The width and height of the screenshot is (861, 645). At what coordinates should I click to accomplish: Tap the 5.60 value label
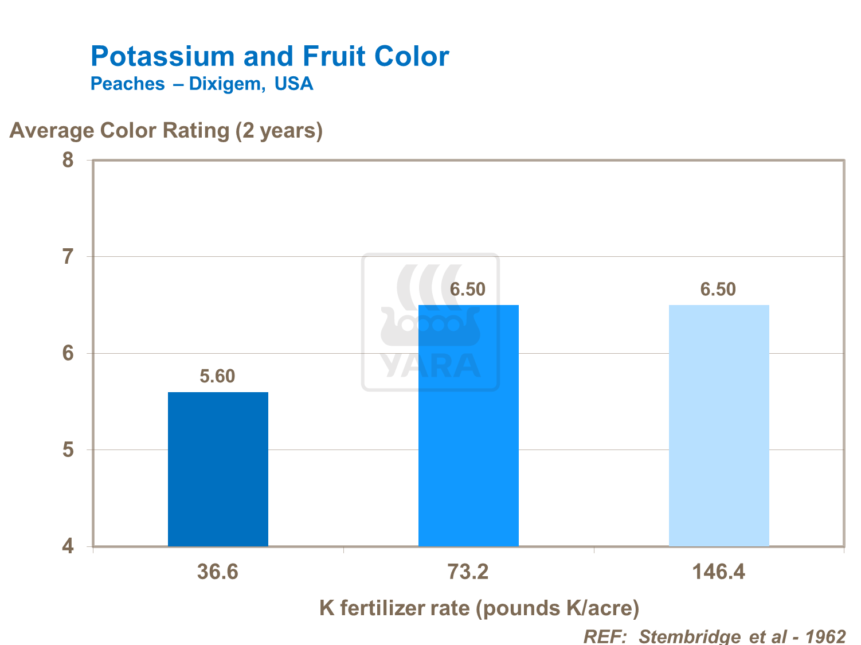click(217, 376)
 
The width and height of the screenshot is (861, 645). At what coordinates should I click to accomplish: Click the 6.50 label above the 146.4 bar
click(718, 289)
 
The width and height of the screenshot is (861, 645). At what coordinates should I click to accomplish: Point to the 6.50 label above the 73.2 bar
click(467, 289)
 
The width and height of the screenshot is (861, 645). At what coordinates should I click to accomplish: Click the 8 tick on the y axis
click(68, 160)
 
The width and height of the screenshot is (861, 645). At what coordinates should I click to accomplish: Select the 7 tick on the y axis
click(68, 256)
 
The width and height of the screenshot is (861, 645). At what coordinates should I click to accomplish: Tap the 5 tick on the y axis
click(68, 450)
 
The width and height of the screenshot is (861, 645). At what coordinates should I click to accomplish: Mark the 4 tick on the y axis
click(68, 546)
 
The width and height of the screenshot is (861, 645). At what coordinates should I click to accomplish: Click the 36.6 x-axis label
click(217, 572)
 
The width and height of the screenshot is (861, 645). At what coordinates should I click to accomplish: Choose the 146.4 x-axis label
click(718, 572)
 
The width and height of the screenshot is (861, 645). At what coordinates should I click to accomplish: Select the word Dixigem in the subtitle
click(226, 84)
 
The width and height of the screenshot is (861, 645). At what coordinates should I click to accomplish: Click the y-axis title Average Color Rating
click(166, 131)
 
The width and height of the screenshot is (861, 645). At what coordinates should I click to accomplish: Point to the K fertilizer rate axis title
click(479, 608)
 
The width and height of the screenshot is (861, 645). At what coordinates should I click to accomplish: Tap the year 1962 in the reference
click(825, 636)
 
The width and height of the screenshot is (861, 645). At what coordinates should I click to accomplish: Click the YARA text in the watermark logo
click(430, 366)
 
